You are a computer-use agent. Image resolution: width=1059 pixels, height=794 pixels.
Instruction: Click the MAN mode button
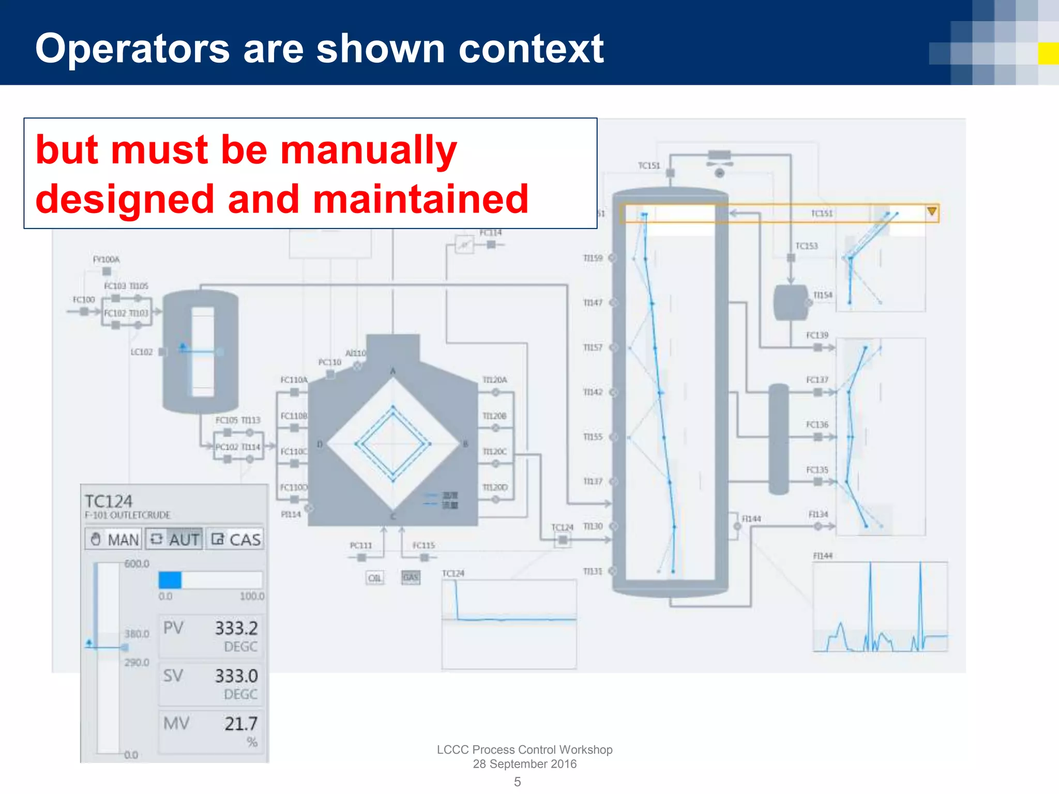(114, 539)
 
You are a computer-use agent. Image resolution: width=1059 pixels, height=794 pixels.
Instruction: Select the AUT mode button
(174, 539)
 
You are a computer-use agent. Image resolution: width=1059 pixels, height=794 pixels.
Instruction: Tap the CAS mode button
(235, 539)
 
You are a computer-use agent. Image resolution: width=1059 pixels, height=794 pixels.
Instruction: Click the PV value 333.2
(236, 628)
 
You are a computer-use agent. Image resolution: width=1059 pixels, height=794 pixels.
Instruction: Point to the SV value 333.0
(236, 676)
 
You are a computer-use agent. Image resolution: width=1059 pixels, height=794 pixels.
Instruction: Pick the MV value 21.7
(240, 724)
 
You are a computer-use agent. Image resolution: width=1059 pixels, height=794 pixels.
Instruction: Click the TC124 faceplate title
(109, 501)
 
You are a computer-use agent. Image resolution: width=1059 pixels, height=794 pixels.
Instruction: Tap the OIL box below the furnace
(375, 578)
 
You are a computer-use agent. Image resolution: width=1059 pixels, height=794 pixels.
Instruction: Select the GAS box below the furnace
(411, 577)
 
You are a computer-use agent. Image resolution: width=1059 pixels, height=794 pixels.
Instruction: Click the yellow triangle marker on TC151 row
(932, 211)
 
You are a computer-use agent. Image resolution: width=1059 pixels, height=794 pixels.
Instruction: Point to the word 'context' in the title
(531, 49)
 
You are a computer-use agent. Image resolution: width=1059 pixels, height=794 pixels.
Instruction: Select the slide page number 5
(517, 782)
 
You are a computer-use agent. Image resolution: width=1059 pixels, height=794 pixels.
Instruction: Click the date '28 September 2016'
(524, 764)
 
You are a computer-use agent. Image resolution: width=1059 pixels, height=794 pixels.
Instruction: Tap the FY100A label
(106, 259)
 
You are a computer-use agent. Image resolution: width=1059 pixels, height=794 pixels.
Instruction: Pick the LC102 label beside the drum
(142, 352)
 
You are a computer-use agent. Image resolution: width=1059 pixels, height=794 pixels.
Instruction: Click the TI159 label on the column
(593, 258)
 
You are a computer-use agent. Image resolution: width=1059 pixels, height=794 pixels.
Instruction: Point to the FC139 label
(817, 335)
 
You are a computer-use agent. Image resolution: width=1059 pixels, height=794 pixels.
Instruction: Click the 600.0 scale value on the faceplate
(137, 563)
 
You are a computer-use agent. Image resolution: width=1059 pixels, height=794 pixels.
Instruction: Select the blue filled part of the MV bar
(170, 580)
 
